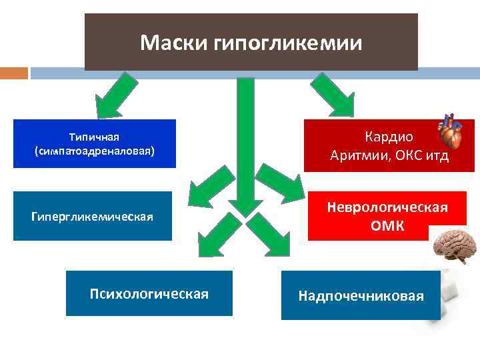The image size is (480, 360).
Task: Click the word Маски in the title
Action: [x=175, y=43]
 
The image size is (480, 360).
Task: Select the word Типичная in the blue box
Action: [x=94, y=137]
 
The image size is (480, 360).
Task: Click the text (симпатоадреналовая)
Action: [x=94, y=151]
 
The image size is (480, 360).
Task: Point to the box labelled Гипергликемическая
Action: [x=92, y=216]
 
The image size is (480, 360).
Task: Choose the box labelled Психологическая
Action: [x=149, y=293]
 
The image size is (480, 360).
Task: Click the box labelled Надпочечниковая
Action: [x=361, y=295]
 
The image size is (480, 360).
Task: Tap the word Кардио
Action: [x=389, y=137]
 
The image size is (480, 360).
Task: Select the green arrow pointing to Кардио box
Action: [x=333, y=93]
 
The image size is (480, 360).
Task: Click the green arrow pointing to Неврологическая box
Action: [x=280, y=184]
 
